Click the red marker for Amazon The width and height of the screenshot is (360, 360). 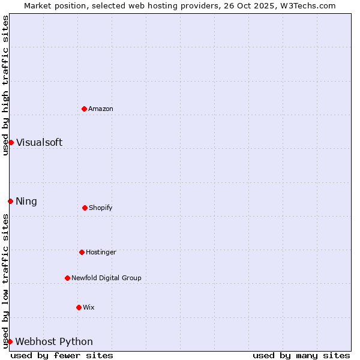tap(85, 109)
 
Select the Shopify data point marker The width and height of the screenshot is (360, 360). tap(85, 208)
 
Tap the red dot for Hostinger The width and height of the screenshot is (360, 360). tap(82, 252)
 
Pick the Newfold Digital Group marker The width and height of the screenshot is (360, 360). tap(67, 278)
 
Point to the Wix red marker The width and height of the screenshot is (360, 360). tap(79, 307)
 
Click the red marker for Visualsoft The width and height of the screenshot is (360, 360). tap(11, 142)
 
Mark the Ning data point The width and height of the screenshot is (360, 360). tap(10, 201)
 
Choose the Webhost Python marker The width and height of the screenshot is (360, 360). tap(10, 341)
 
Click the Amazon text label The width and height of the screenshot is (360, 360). tap(101, 109)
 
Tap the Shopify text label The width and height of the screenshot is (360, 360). tap(101, 208)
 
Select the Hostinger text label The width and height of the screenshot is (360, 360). tap(101, 253)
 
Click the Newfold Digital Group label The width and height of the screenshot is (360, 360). tap(107, 278)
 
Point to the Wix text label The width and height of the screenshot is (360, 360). tap(89, 308)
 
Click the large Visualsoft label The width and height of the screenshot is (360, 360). tap(39, 143)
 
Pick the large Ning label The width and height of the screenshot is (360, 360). tap(26, 202)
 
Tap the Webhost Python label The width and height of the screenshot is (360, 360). tap(54, 342)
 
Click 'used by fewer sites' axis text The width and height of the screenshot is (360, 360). tap(62, 355)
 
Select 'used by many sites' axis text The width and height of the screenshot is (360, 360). tap(301, 355)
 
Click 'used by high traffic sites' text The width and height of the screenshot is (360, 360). tap(5, 85)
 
